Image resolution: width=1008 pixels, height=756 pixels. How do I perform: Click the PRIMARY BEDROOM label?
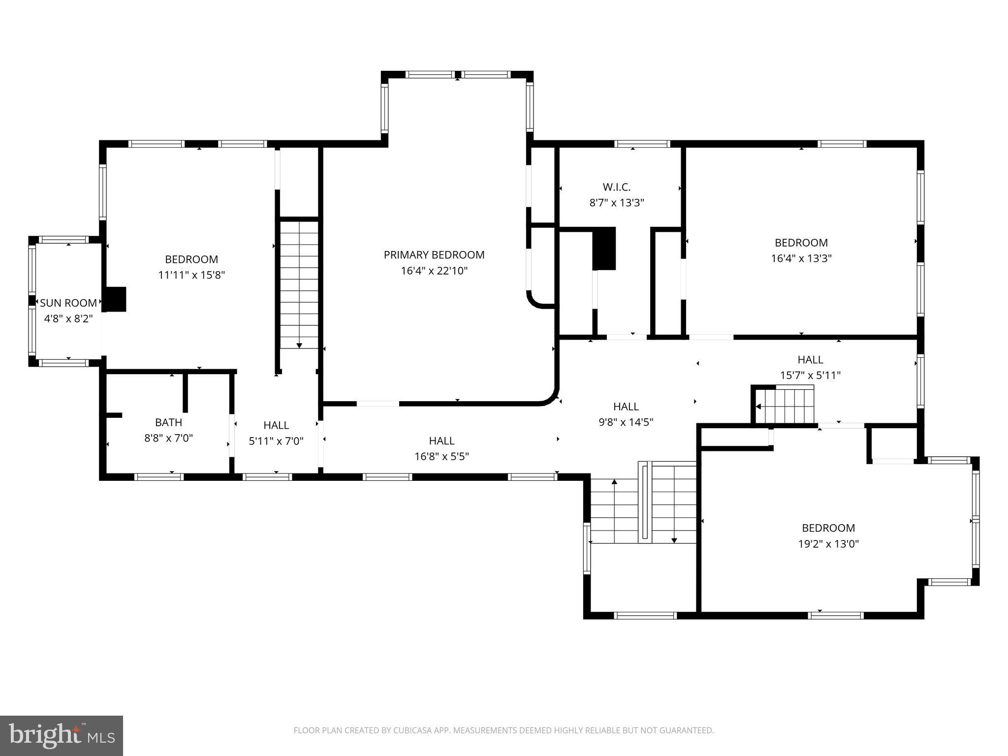(434, 255)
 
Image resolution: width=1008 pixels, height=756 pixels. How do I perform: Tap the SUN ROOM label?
(68, 303)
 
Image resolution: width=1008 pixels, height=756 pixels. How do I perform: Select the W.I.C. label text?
(616, 187)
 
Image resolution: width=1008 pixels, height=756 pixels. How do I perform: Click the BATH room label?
(168, 422)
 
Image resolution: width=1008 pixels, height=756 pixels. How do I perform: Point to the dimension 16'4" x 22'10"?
(434, 271)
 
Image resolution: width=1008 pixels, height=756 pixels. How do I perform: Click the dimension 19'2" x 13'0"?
(828, 544)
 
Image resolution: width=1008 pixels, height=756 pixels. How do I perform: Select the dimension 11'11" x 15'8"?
(191, 275)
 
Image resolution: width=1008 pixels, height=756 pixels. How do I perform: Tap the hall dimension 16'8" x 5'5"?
(441, 457)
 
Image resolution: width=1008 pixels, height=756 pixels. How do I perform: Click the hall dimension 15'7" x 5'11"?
(810, 376)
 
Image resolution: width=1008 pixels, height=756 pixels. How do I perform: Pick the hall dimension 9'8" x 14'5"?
(626, 422)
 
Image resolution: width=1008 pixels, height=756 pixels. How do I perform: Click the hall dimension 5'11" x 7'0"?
(276, 441)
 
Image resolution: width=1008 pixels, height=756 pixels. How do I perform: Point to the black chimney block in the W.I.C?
(604, 248)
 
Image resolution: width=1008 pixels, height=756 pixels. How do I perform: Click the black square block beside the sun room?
(116, 299)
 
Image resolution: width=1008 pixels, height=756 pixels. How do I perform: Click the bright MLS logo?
(61, 735)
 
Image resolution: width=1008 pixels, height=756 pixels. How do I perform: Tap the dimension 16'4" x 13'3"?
(801, 258)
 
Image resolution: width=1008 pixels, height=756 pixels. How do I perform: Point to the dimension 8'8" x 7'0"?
(168, 438)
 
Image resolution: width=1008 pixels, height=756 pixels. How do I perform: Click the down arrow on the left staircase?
(299, 345)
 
